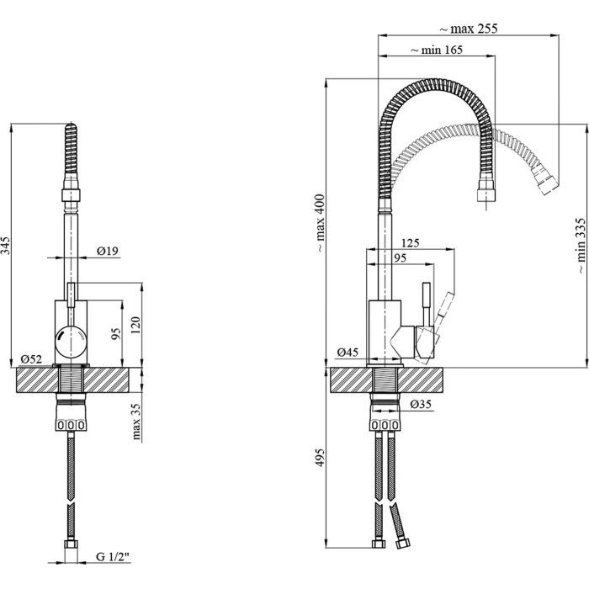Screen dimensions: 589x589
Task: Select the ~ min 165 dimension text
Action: [438, 50]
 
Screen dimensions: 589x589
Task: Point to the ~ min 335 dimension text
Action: [581, 247]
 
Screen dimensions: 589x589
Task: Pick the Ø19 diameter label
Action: [107, 250]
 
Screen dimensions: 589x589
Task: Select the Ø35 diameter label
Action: [423, 405]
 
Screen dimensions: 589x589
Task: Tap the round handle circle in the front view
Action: [71, 341]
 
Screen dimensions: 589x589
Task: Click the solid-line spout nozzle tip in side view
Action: [486, 194]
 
